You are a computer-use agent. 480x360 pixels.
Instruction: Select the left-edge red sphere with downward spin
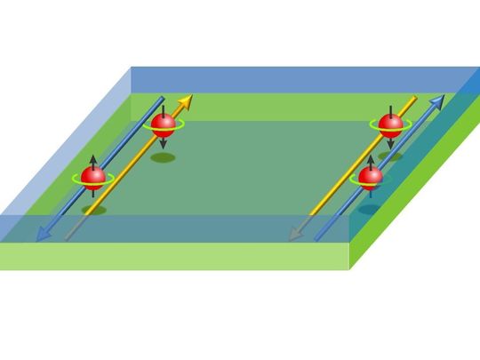pyautogui.click(x=164, y=125)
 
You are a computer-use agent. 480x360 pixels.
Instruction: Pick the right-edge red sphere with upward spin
pyautogui.click(x=370, y=176)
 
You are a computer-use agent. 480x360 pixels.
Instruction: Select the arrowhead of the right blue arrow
pyautogui.click(x=437, y=100)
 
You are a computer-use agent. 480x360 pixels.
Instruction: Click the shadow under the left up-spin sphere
pyautogui.click(x=93, y=211)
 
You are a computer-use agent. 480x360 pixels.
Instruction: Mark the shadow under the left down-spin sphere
pyautogui.click(x=162, y=157)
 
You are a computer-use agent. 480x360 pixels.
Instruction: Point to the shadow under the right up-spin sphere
pyautogui.click(x=367, y=209)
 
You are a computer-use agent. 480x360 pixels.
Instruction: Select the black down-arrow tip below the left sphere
pyautogui.click(x=164, y=146)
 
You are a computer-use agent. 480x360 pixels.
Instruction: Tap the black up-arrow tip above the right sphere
pyautogui.click(x=371, y=156)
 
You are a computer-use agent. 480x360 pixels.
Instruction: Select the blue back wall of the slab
pyautogui.click(x=293, y=79)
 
